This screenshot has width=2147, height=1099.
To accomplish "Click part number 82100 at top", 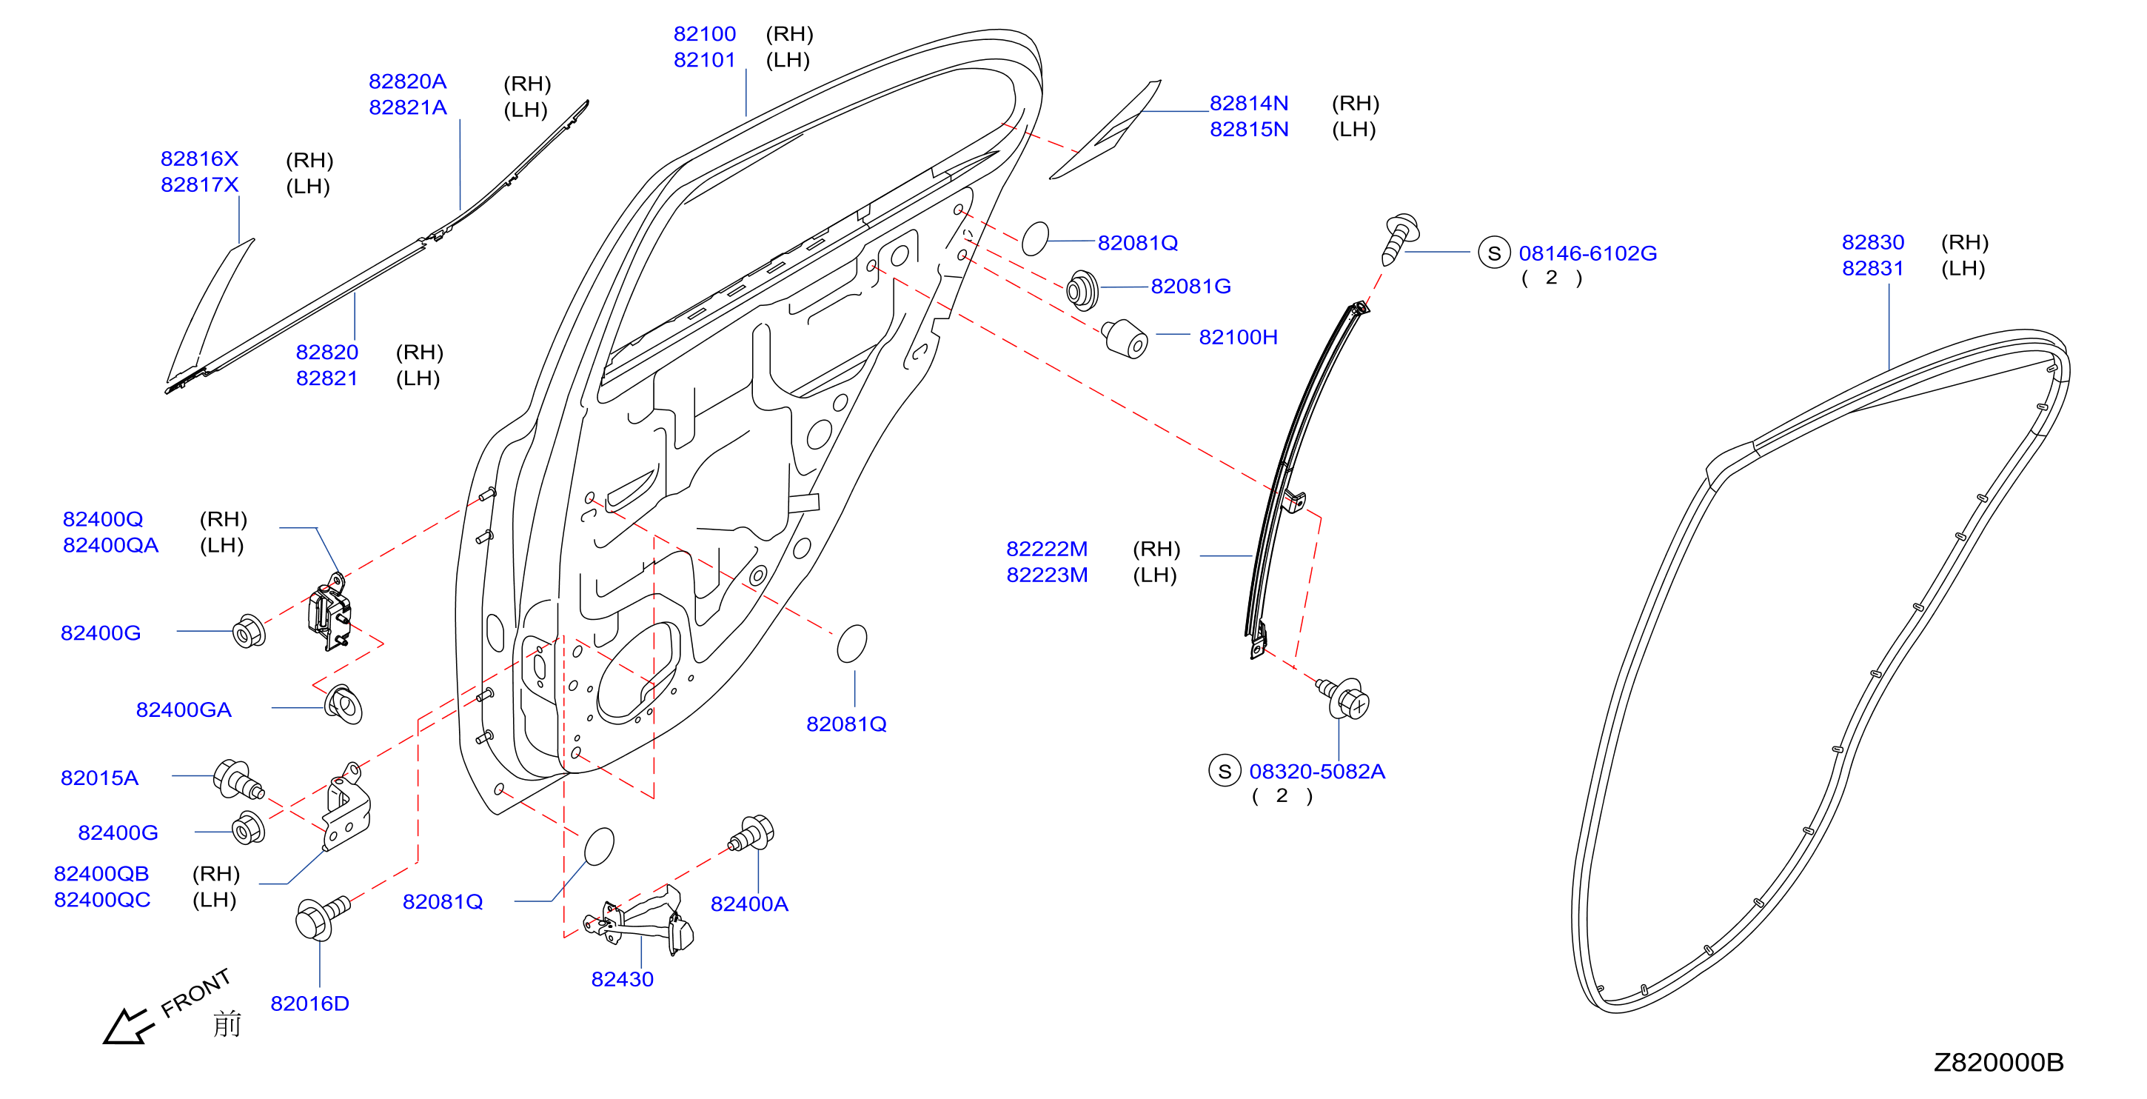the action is [x=704, y=34].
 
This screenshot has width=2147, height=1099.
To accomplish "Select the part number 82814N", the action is [x=1248, y=104].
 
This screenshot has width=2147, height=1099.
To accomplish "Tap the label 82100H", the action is [x=1238, y=337].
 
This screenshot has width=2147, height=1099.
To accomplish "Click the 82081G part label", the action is [x=1190, y=286].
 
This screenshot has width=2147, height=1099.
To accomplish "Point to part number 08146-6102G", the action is [x=1587, y=253].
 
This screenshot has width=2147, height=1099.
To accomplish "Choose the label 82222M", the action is [x=1047, y=549].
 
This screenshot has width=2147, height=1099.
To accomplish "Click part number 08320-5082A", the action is [x=1317, y=772].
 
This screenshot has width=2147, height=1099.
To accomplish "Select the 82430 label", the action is [x=622, y=979].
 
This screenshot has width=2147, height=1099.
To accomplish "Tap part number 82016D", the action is [x=309, y=1003].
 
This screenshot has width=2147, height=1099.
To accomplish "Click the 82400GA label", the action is [x=184, y=709].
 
